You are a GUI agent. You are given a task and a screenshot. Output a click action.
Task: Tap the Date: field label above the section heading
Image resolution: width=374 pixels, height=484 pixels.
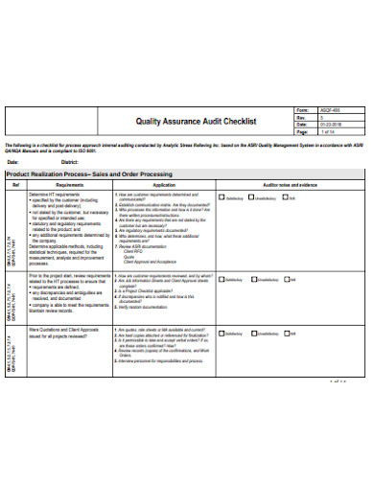click(14, 162)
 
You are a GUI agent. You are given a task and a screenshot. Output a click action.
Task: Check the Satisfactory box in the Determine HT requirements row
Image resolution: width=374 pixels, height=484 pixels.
click(222, 198)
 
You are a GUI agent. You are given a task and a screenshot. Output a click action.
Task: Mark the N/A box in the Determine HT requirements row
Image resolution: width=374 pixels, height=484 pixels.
click(285, 198)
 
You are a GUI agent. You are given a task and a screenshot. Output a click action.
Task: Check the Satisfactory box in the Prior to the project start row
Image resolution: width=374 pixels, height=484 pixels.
click(222, 280)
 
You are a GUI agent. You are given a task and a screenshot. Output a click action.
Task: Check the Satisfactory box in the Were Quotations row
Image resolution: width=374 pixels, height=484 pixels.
click(222, 333)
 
